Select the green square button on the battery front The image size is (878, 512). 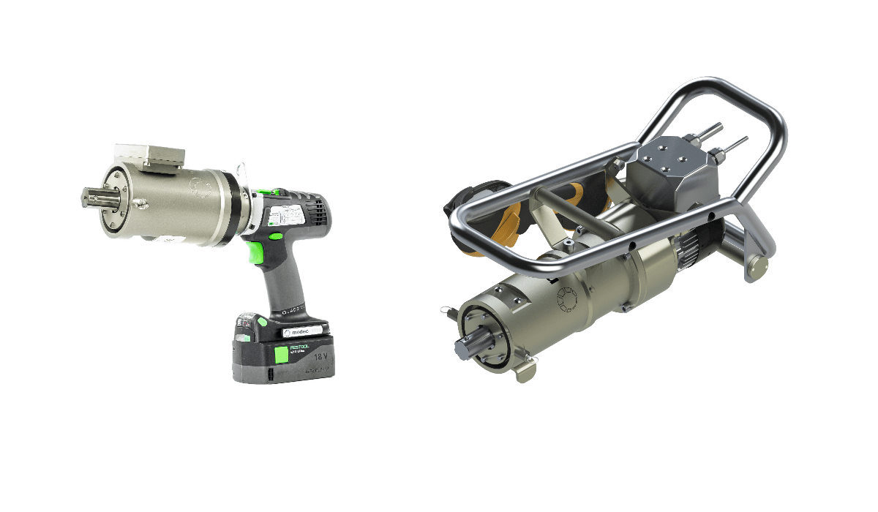pyautogui.click(x=281, y=356)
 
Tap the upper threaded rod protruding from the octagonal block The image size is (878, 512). pyautogui.click(x=712, y=131)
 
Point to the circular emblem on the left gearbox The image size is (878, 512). pyautogui.click(x=197, y=187)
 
